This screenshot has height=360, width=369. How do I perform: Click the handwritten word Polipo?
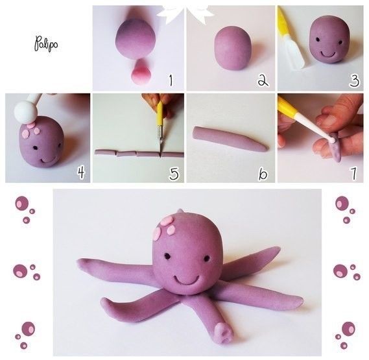pyautogui.click(x=46, y=44)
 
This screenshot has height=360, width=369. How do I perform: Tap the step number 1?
pyautogui.click(x=171, y=80)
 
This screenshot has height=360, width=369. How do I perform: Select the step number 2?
pyautogui.click(x=263, y=81)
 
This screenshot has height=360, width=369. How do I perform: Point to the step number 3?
pyautogui.click(x=354, y=80)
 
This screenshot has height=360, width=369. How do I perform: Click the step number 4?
pyautogui.click(x=81, y=173)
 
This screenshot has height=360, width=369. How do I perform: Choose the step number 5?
pyautogui.click(x=174, y=173)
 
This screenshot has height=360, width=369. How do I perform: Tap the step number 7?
pyautogui.click(x=353, y=173)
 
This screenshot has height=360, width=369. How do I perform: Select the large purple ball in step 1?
pyautogui.click(x=136, y=39)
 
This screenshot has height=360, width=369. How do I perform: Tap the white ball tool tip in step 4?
pyautogui.click(x=25, y=111)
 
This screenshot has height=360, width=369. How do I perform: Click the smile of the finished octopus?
pyautogui.click(x=186, y=281)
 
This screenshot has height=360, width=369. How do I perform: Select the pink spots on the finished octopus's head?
pyautogui.click(x=165, y=228)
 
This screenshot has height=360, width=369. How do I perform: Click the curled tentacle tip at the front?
pyautogui.click(x=224, y=333)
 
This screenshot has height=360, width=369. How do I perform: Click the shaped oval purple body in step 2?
pyautogui.click(x=233, y=48)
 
